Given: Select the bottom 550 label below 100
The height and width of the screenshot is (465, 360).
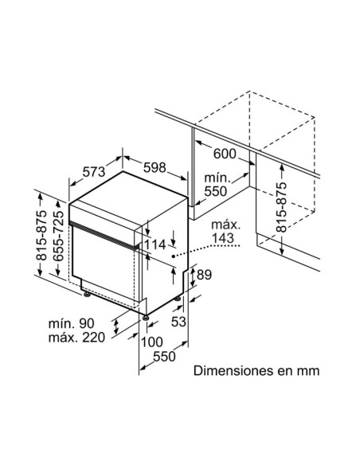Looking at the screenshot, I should coord(163,357).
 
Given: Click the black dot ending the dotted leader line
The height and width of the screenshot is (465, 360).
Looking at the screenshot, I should coord(172,258).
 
